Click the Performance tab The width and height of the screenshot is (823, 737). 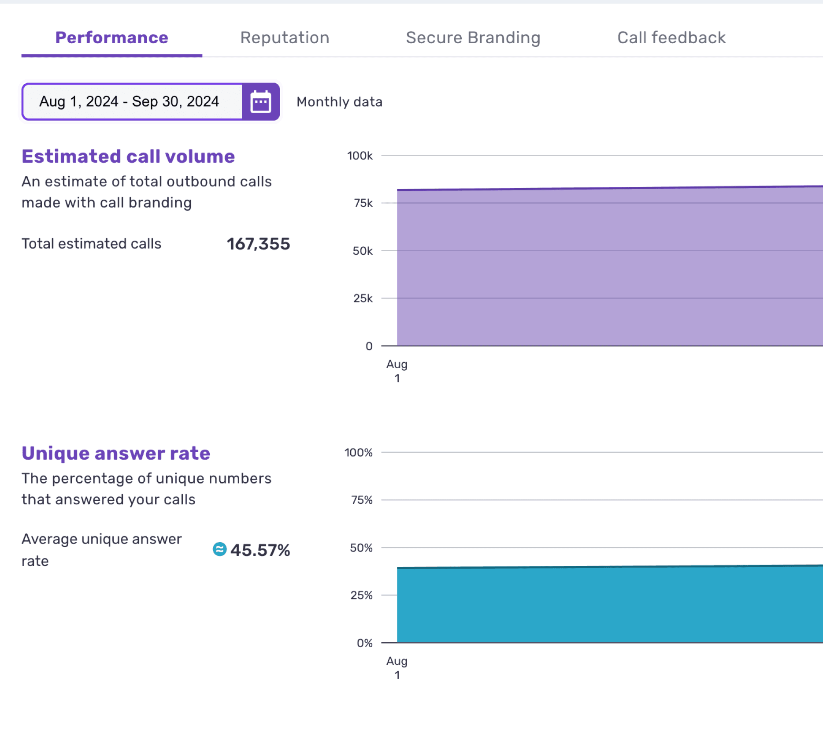click(x=111, y=38)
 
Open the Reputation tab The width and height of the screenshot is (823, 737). click(x=285, y=38)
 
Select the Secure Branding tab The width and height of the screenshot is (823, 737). click(x=473, y=38)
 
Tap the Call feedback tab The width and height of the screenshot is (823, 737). click(x=671, y=38)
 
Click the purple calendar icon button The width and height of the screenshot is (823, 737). click(x=261, y=102)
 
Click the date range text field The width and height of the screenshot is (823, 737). click(x=132, y=102)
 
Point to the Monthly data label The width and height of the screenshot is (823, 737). click(x=339, y=102)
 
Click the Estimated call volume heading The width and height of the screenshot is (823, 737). click(x=128, y=156)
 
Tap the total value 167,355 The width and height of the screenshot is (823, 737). click(x=258, y=244)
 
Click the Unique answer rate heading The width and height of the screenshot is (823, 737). click(x=116, y=453)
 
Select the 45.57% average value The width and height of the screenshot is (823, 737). click(x=260, y=550)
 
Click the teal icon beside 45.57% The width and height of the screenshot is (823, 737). click(x=219, y=549)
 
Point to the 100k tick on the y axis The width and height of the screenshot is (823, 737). click(x=360, y=156)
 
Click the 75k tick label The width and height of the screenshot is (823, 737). click(x=363, y=203)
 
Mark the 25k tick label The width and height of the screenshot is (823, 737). click(x=363, y=298)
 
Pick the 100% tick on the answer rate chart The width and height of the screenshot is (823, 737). click(x=358, y=453)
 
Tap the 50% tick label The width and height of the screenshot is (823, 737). click(x=361, y=548)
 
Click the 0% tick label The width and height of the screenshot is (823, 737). click(x=364, y=643)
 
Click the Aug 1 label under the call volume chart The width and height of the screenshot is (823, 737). click(x=397, y=371)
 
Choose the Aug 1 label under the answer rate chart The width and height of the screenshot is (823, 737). click(x=397, y=668)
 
